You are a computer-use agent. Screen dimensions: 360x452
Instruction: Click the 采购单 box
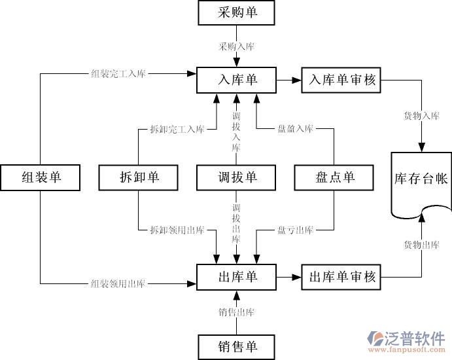point(237,13)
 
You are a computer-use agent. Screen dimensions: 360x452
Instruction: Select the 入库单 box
point(237,80)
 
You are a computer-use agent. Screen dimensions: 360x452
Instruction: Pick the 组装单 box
point(41,177)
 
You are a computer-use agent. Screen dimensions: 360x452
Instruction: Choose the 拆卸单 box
point(139,177)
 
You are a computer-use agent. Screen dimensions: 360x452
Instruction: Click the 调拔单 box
point(237,177)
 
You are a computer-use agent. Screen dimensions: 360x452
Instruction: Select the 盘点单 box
point(334,177)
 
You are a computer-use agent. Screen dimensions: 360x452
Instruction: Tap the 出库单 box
point(237,277)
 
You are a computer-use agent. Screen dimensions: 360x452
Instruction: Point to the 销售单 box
point(237,345)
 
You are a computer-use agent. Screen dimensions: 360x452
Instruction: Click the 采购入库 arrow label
point(237,46)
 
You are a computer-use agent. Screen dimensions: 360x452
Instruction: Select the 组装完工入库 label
point(118,73)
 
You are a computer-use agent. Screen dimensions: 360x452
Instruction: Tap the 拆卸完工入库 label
point(177,129)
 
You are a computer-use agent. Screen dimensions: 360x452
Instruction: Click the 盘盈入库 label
point(295,129)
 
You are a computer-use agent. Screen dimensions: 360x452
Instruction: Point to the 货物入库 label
point(421,116)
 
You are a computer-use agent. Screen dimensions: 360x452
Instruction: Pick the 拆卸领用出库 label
point(177,230)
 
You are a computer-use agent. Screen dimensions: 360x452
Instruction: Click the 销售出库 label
point(237,312)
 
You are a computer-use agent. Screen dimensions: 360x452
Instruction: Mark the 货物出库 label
point(421,245)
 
